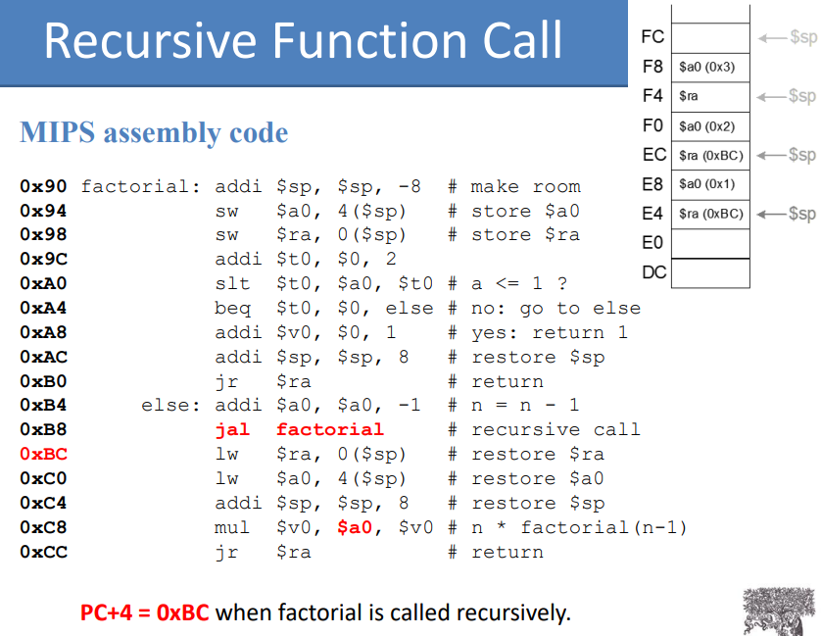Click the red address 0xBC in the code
(43, 455)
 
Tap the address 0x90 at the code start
(43, 187)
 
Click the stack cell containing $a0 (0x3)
(710, 67)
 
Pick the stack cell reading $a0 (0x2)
(710, 125)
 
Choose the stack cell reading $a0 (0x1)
(710, 184)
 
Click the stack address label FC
(652, 37)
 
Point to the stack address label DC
(653, 272)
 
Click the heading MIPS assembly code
(154, 133)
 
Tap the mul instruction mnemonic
(232, 528)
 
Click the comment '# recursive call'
(544, 430)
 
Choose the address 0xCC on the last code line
(43, 553)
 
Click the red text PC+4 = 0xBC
(145, 613)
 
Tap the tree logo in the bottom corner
(780, 612)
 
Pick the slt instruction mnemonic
(232, 284)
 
